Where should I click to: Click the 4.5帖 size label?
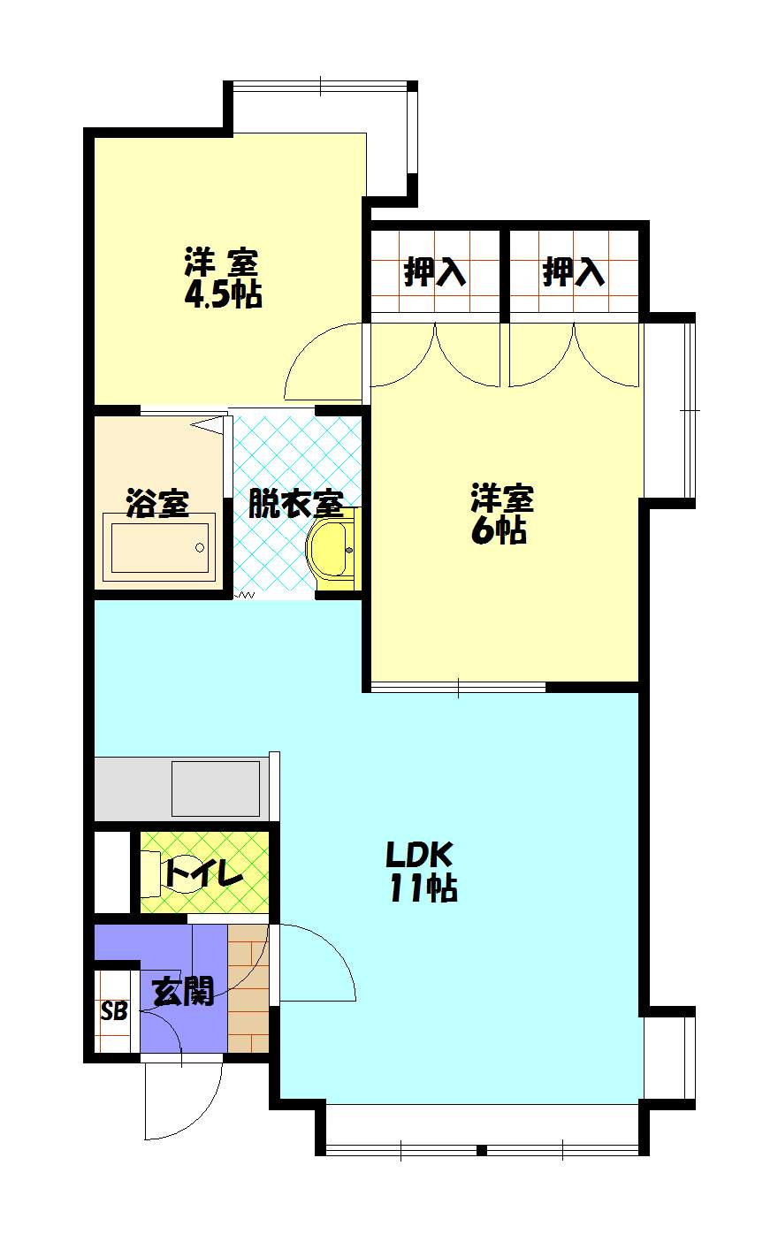coord(223,294)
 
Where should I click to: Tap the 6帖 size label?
coord(499,530)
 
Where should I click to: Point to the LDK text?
coord(419,855)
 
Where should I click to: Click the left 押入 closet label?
coord(435,272)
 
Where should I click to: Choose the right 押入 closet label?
coord(574,272)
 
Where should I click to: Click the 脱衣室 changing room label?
coord(296,504)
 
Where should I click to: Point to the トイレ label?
coord(204,872)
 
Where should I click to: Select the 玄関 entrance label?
coord(182,992)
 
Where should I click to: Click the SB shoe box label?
coord(114,1011)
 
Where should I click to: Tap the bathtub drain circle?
coord(200,547)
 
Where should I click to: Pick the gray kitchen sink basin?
coord(216,788)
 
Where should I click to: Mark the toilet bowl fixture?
coord(151,871)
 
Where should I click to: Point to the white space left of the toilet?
coord(112,871)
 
